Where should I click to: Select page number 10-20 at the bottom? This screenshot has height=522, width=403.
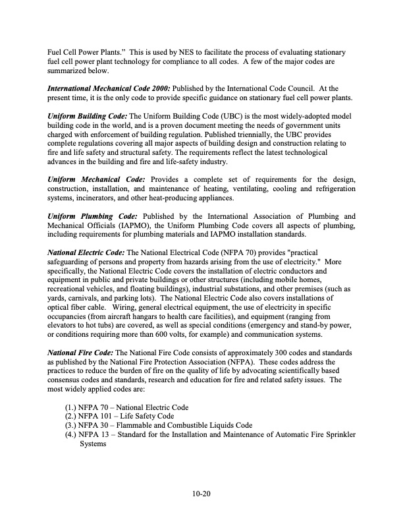[x=201, y=492]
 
